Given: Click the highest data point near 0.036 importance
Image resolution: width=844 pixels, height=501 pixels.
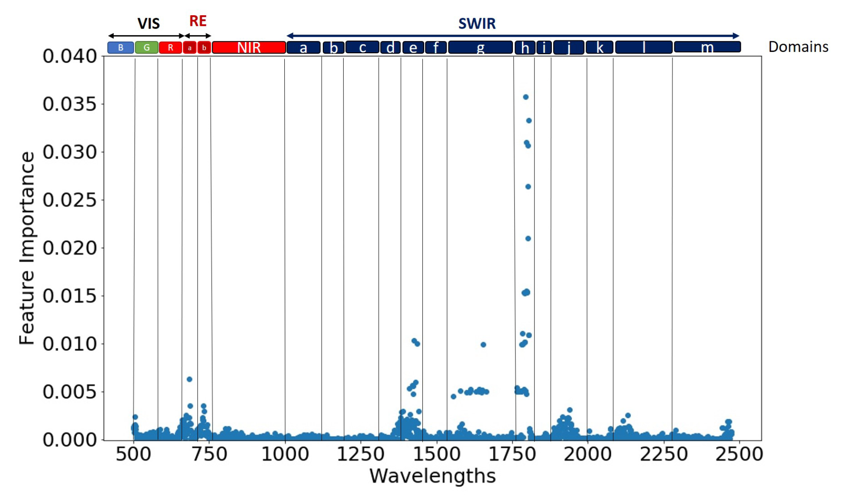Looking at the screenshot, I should pyautogui.click(x=525, y=97).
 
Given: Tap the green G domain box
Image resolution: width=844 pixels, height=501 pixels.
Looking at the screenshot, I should pyautogui.click(x=146, y=47).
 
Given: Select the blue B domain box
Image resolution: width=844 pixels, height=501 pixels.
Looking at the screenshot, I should pyautogui.click(x=120, y=47).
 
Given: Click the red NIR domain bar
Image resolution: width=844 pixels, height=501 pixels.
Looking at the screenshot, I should pyautogui.click(x=249, y=47).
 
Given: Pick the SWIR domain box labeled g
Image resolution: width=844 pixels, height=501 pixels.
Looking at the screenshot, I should pyautogui.click(x=480, y=47).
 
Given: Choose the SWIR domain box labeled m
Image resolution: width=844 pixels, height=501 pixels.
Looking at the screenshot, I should pyautogui.click(x=707, y=47).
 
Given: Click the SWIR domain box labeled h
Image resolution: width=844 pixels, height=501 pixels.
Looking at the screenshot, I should pyautogui.click(x=525, y=48).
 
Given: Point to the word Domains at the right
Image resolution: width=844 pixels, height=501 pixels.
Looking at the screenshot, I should pyautogui.click(x=798, y=47).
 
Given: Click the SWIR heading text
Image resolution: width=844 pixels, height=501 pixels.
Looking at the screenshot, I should pyautogui.click(x=477, y=23).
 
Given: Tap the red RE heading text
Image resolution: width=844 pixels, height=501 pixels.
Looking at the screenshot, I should pyautogui.click(x=198, y=21).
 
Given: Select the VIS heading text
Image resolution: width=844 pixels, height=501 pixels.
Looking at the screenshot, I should pyautogui.click(x=148, y=23).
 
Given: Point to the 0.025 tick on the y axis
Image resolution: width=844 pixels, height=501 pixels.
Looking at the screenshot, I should pyautogui.click(x=69, y=200).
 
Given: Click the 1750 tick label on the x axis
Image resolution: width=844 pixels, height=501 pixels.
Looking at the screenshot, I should pyautogui.click(x=512, y=454).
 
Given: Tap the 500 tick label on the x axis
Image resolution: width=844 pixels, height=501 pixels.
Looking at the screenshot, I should pyautogui.click(x=133, y=454).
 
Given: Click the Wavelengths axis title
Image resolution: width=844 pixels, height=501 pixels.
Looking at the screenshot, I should pyautogui.click(x=432, y=476).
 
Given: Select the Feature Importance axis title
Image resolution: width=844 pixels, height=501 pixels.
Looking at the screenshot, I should pyautogui.click(x=27, y=248).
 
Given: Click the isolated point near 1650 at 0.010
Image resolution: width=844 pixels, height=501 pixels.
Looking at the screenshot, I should pyautogui.click(x=483, y=345).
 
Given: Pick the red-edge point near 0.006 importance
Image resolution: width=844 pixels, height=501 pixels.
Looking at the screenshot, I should pyautogui.click(x=189, y=379).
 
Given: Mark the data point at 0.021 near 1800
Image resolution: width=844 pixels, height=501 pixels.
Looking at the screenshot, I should pyautogui.click(x=528, y=239).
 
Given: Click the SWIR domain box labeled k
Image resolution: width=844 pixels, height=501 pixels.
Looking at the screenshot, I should pyautogui.click(x=599, y=47).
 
